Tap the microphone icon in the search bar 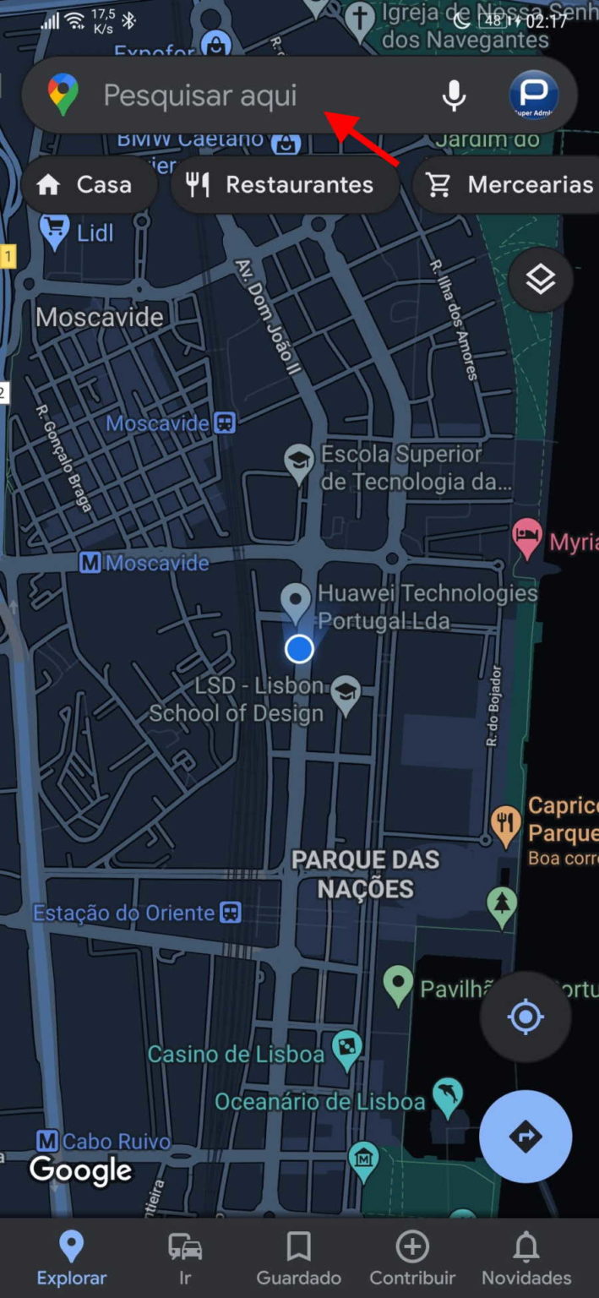point(454,95)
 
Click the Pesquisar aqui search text point(200,95)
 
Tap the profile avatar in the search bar point(533,95)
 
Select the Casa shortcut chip point(89,185)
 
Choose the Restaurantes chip point(285,185)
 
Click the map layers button point(541,280)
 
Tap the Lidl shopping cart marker point(55,230)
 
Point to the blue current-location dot point(299,649)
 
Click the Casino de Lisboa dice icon point(346,1049)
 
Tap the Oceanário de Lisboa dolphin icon point(448,1095)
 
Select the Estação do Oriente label point(124,913)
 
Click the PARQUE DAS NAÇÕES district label point(366,875)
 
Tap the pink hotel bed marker point(527,537)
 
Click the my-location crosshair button point(525,1017)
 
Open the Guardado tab point(298,1257)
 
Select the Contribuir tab point(412,1257)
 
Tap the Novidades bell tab point(526,1257)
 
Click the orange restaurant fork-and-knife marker point(505,823)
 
